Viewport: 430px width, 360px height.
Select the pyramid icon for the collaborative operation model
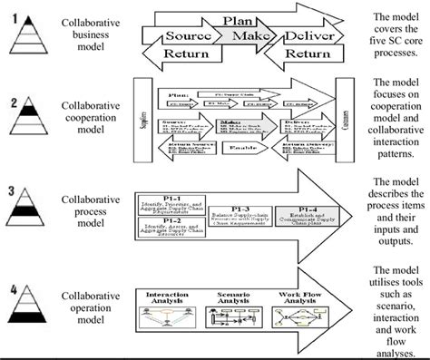point(30,313)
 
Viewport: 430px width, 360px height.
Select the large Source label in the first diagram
point(188,37)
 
